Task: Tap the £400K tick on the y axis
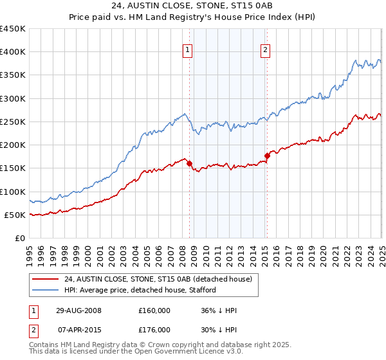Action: click(13, 52)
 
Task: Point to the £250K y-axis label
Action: click(13, 122)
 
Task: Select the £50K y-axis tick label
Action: click(15, 215)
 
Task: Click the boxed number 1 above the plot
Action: click(187, 51)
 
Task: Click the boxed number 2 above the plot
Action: click(265, 51)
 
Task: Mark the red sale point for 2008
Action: click(190, 163)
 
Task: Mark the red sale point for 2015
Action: click(267, 155)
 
